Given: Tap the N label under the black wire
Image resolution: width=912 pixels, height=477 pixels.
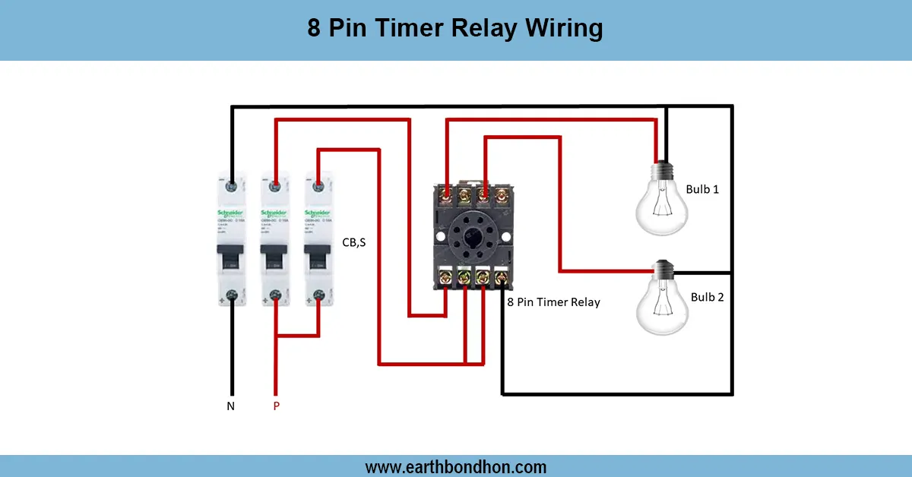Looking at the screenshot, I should coord(231,406).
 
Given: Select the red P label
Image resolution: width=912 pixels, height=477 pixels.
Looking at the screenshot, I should coord(276,406).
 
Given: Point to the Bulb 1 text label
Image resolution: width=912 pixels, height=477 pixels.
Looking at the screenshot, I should coord(701,189).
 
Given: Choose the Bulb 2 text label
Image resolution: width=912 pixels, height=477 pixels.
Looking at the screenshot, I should coord(707,297).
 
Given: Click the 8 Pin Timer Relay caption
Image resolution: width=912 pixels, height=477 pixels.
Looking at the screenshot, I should coord(553,302).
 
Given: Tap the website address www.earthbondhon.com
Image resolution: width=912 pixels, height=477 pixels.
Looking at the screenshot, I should coord(456,466).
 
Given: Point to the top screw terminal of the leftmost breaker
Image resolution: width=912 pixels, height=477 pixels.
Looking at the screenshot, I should coord(232,185).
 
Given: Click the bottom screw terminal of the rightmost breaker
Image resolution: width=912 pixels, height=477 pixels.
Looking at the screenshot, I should coord(318,299).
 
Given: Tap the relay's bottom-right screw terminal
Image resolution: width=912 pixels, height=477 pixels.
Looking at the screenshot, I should coord(501,279).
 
